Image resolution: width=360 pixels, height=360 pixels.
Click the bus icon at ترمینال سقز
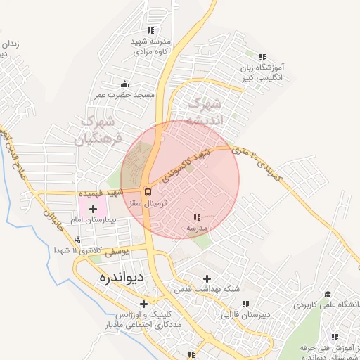148,191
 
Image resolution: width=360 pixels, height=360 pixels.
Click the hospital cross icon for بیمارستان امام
93,209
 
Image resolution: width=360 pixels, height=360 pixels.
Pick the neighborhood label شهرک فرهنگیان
98,129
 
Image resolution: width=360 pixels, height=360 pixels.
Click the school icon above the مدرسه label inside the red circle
196,217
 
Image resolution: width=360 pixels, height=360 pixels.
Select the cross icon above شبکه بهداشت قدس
206,278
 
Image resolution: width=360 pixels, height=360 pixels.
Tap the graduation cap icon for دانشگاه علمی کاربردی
327,294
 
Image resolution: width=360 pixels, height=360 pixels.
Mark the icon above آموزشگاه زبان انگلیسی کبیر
263,58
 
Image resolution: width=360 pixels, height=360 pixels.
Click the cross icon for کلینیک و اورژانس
144,304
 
